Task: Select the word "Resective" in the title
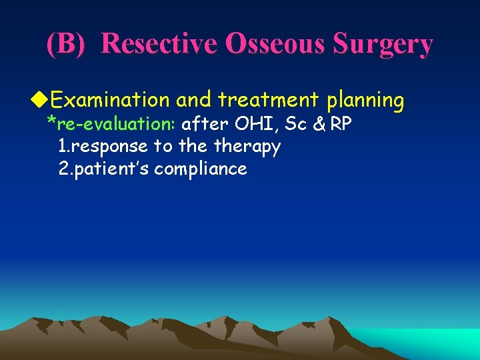159,44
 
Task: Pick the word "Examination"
110,100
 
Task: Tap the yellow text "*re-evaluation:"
111,123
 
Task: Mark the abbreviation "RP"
341,123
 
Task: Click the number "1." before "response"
65,146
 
